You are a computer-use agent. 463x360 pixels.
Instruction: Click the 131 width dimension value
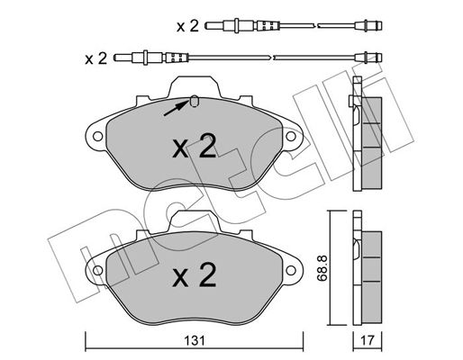point(195,341)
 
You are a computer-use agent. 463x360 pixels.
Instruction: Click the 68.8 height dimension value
point(322,268)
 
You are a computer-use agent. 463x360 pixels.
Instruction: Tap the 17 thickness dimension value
point(368,340)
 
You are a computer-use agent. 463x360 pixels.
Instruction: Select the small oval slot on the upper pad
point(195,101)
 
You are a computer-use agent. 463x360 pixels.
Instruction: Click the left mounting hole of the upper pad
point(97,137)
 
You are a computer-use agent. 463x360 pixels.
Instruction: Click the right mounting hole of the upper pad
point(291,137)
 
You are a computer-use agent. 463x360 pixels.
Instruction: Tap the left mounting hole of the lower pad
point(97,270)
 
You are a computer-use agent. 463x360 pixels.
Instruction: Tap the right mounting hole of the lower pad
point(291,270)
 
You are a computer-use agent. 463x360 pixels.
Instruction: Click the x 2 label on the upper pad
point(195,146)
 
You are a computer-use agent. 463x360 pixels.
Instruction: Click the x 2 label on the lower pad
point(195,274)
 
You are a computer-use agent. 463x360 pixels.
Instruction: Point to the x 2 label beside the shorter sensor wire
point(187,26)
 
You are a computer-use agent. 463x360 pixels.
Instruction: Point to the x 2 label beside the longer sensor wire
point(95,58)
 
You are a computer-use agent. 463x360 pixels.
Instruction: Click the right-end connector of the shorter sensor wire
point(368,25)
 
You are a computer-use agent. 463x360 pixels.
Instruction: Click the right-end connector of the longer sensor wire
point(368,57)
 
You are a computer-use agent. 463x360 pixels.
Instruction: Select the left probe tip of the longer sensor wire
point(123,58)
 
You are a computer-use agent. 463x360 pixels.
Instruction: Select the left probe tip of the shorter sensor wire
point(214,26)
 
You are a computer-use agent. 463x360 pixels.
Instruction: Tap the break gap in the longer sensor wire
point(271,57)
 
